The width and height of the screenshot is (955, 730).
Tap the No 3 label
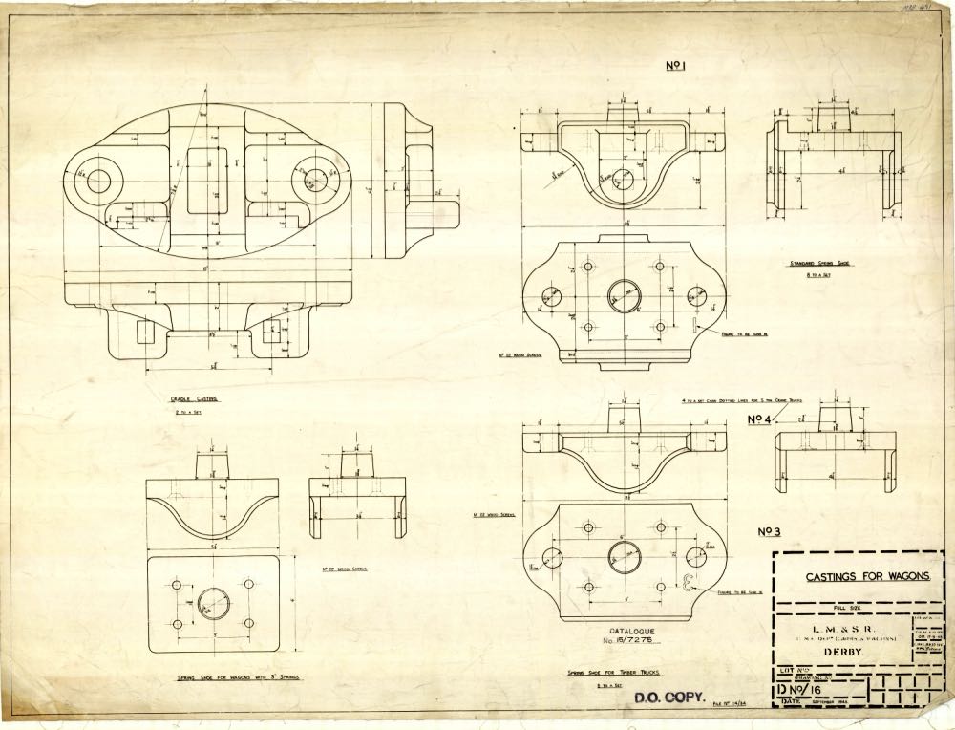coord(771,532)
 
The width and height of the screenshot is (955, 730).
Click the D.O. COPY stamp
coord(668,697)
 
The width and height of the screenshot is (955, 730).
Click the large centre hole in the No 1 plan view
coord(626,296)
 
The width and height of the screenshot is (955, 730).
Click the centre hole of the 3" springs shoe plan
coord(213,601)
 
